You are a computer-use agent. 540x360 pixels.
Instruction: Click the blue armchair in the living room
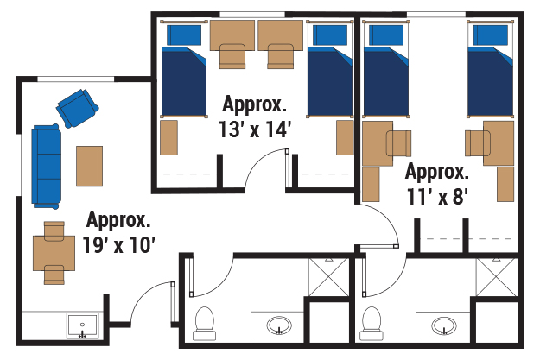click(78, 109)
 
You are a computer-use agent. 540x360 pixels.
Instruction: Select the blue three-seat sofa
click(46, 167)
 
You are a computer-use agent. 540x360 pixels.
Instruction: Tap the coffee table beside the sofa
click(89, 167)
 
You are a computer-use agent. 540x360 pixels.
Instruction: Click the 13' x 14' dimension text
click(255, 129)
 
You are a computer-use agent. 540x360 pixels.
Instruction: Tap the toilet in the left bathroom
click(205, 324)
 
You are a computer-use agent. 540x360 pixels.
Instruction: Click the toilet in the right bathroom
click(371, 324)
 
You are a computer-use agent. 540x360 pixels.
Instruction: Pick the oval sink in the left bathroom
click(279, 325)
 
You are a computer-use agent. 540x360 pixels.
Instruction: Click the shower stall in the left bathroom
click(328, 277)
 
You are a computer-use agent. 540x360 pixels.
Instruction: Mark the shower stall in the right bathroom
click(497, 277)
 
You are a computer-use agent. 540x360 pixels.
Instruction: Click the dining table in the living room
click(54, 253)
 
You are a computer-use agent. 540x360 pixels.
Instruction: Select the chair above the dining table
click(54, 230)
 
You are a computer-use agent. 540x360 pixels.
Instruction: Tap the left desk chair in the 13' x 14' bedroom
click(232, 56)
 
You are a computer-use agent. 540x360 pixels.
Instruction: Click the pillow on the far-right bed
click(491, 35)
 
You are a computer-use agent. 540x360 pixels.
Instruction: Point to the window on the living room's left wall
click(19, 165)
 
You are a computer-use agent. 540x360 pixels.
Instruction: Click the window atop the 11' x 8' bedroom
click(436, 15)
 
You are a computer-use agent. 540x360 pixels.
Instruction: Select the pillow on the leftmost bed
click(184, 35)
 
